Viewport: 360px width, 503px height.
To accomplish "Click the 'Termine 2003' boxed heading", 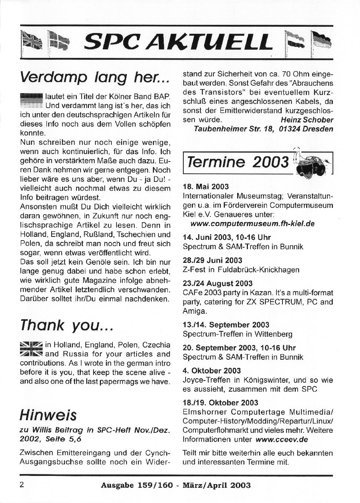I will (238, 162).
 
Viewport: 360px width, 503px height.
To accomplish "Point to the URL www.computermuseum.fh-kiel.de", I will (252, 224).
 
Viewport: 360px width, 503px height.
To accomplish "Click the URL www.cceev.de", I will (282, 440).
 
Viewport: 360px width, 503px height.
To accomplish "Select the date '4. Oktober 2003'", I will (212, 370).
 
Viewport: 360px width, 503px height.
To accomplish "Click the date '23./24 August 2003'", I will (217, 284).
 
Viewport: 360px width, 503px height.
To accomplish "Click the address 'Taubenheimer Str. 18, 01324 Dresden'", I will (264, 129).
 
